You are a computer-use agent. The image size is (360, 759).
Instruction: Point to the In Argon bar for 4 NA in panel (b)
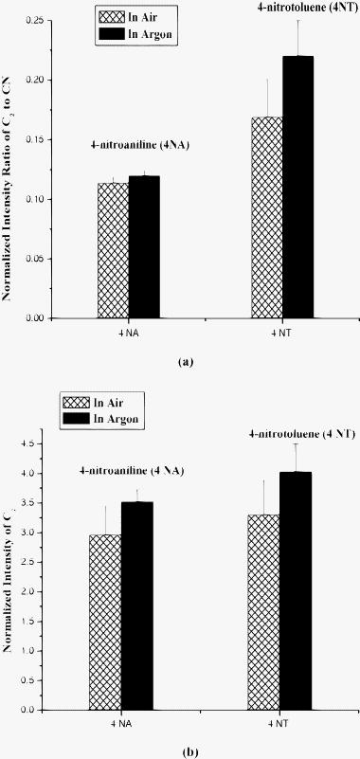point(136,605)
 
